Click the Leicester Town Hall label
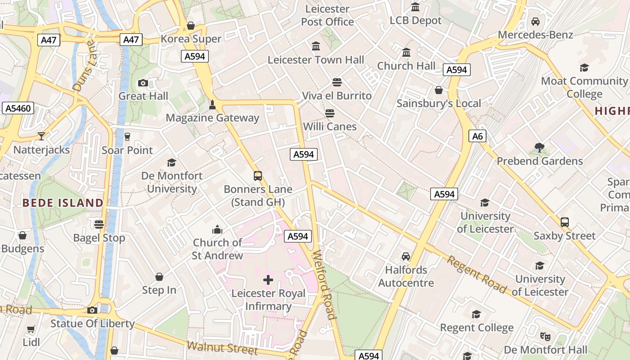[316, 59]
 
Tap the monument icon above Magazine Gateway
[212, 105]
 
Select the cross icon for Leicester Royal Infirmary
[268, 280]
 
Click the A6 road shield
[477, 136]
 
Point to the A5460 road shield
[18, 108]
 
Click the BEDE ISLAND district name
[63, 203]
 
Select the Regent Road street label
[477, 274]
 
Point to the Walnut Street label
[222, 348]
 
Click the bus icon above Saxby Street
[565, 222]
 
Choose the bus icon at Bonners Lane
[258, 175]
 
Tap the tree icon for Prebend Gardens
[540, 148]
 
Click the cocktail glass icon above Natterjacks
[41, 136]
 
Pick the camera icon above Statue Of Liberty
[92, 310]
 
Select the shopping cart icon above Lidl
[31, 329]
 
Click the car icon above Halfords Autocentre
[406, 256]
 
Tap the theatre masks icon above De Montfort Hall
[545, 336]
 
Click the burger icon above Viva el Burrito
[337, 82]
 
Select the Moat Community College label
[584, 87]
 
